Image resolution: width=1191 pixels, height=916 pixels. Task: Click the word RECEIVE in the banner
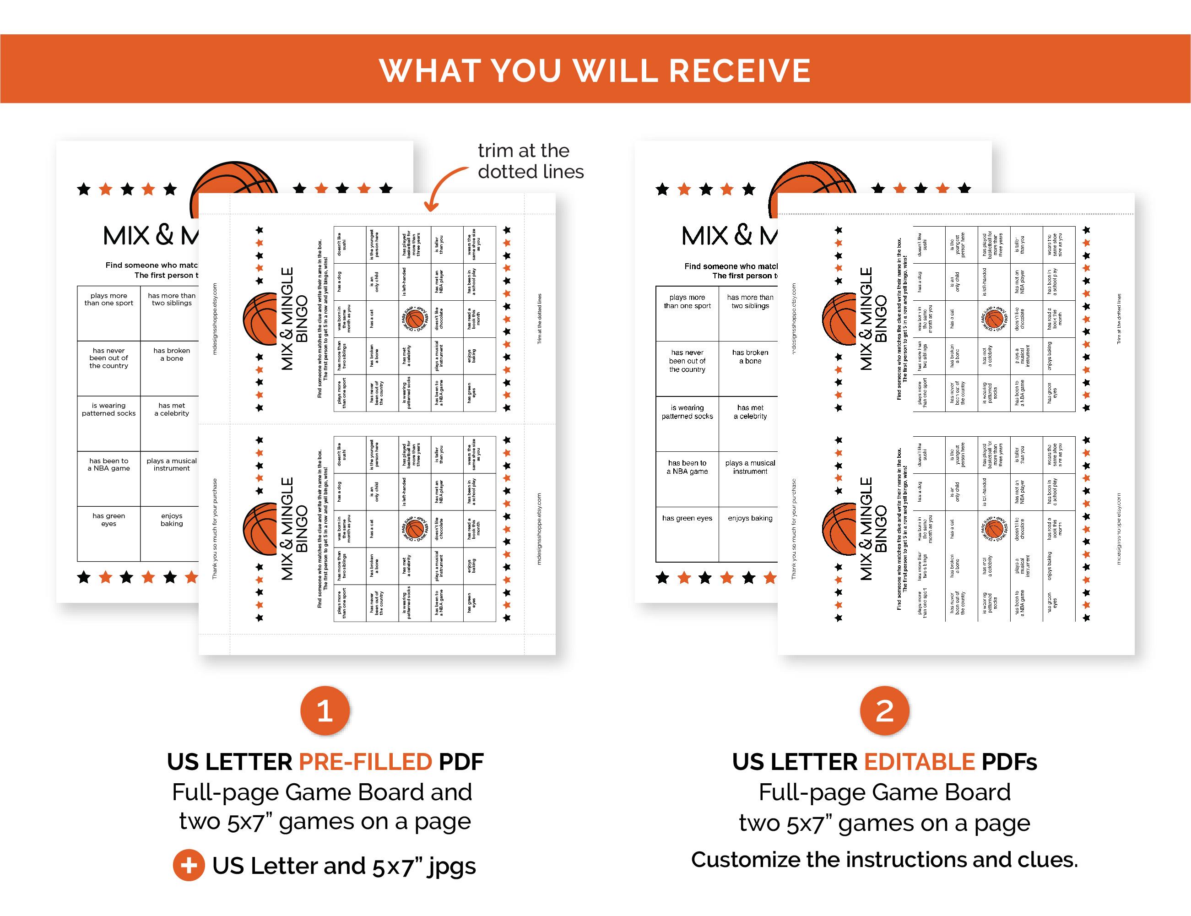[x=740, y=70]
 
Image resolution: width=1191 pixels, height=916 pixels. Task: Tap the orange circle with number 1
[x=325, y=710]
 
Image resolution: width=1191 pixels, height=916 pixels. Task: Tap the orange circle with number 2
[x=884, y=710]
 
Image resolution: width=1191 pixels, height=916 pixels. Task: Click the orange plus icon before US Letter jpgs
[x=189, y=866]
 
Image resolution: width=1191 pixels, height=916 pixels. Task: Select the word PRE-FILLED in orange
[x=365, y=762]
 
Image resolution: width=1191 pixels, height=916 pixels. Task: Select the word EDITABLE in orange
[x=919, y=762]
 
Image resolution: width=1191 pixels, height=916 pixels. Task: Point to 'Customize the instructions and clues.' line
[x=884, y=860]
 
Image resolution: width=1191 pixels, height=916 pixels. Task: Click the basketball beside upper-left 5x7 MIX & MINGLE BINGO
[x=260, y=319]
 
